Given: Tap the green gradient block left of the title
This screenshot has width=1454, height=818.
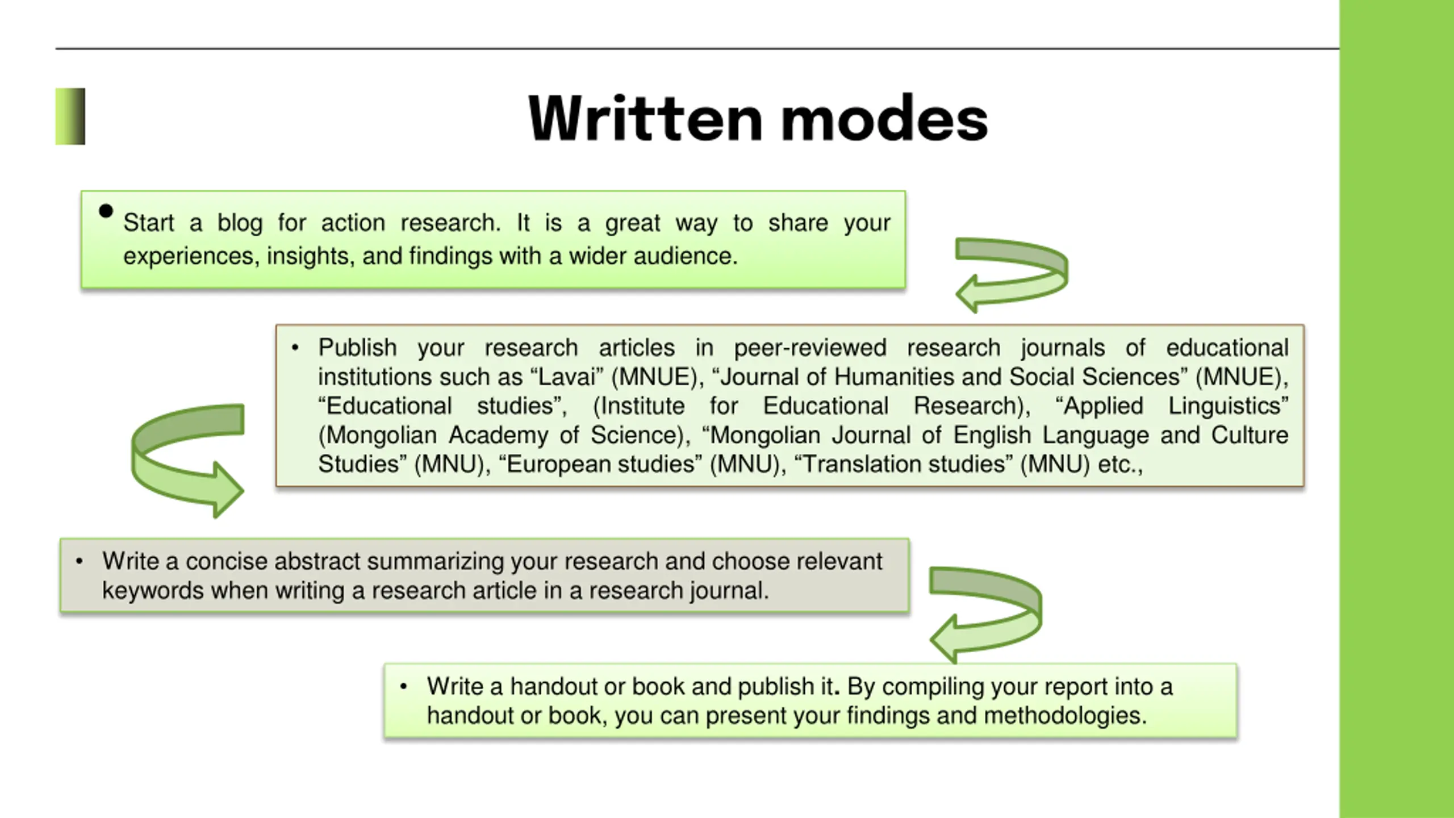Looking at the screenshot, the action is click(x=70, y=116).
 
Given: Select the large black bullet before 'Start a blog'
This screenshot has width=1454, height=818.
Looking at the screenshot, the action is click(x=106, y=211).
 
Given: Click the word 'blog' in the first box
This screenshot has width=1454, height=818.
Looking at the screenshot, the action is click(x=240, y=223).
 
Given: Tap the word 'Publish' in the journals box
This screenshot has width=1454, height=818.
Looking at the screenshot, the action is click(x=357, y=348).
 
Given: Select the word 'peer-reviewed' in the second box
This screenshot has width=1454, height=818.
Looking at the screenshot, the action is click(x=810, y=348).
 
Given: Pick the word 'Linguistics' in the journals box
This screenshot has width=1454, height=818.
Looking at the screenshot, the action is click(x=1228, y=406).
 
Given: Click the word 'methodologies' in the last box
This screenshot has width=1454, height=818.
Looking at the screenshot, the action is click(x=1065, y=716).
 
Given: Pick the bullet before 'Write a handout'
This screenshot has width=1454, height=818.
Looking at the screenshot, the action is click(x=403, y=687).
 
